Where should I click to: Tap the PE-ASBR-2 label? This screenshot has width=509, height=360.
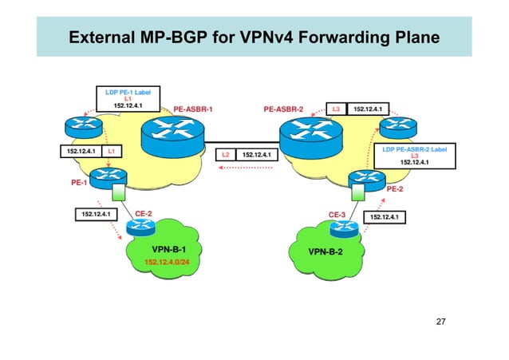click(286, 109)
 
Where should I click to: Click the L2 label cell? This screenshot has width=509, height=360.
click(226, 154)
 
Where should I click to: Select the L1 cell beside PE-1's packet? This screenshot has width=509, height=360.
click(112, 150)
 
